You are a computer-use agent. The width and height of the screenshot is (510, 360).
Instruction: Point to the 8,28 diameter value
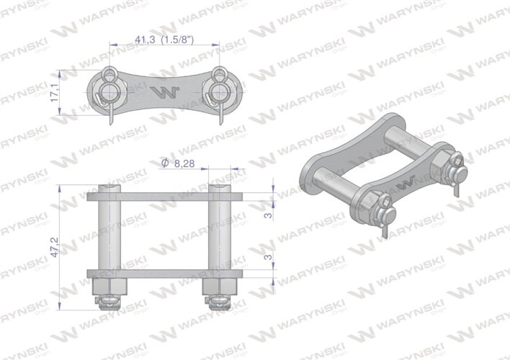[184, 164]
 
